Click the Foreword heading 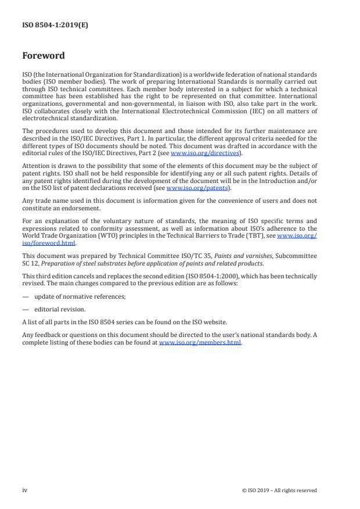click(44, 56)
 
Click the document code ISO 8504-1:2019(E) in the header click(55, 25)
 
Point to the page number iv click(25, 490)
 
